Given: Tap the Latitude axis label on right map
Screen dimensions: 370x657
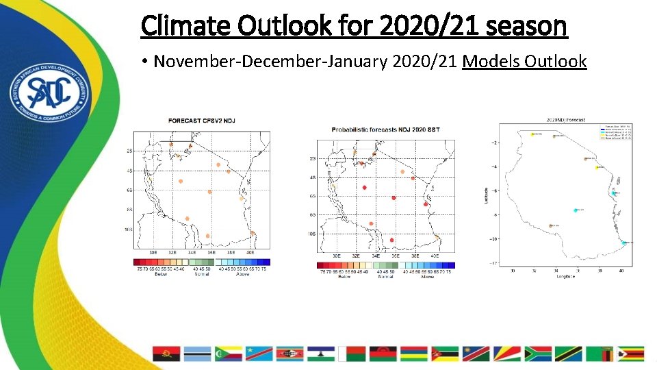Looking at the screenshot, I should click(x=486, y=195).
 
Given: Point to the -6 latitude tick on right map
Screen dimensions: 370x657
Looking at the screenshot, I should click(x=494, y=190).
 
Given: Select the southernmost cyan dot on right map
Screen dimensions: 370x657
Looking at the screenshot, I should click(x=623, y=242).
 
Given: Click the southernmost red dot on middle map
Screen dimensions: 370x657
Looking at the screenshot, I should click(x=391, y=240).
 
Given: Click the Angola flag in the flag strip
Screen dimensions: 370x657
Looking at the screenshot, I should click(x=166, y=354).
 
